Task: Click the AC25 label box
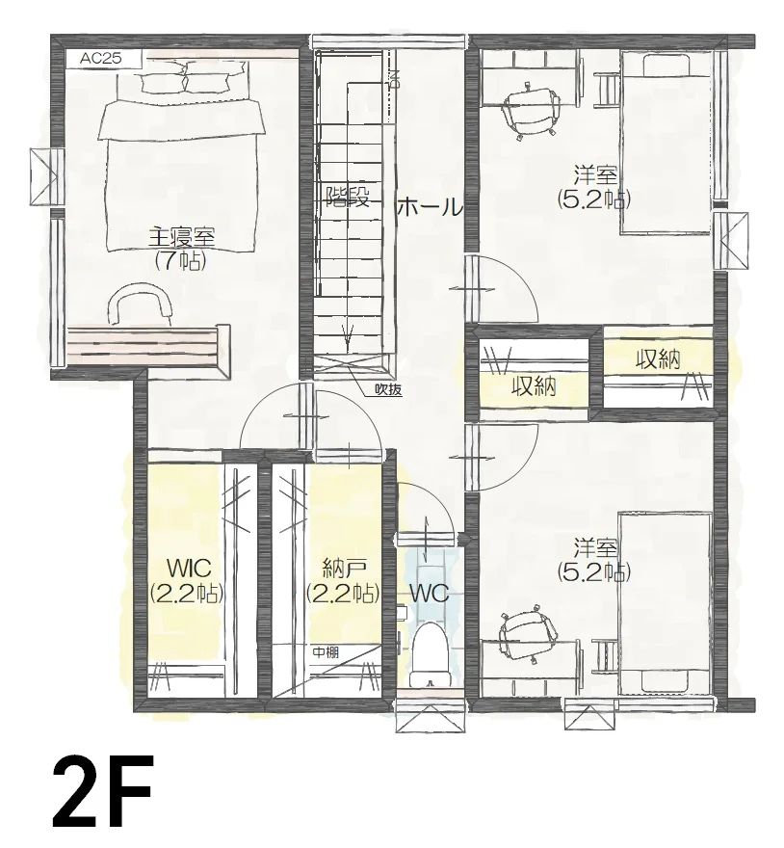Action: tap(103, 59)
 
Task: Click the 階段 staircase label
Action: tap(348, 197)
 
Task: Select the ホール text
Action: tap(431, 207)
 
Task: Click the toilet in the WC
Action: tap(431, 655)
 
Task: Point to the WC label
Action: tap(430, 595)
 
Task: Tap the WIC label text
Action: tap(189, 569)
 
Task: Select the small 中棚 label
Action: tap(326, 652)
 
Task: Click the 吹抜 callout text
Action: tap(389, 390)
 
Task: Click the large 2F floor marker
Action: tap(102, 794)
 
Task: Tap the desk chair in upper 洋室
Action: tap(531, 111)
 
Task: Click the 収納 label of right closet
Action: tap(658, 359)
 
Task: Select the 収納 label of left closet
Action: tap(535, 386)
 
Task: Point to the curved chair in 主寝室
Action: tap(140, 305)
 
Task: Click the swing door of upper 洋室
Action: tap(502, 288)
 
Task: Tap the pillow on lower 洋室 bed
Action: tap(666, 679)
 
